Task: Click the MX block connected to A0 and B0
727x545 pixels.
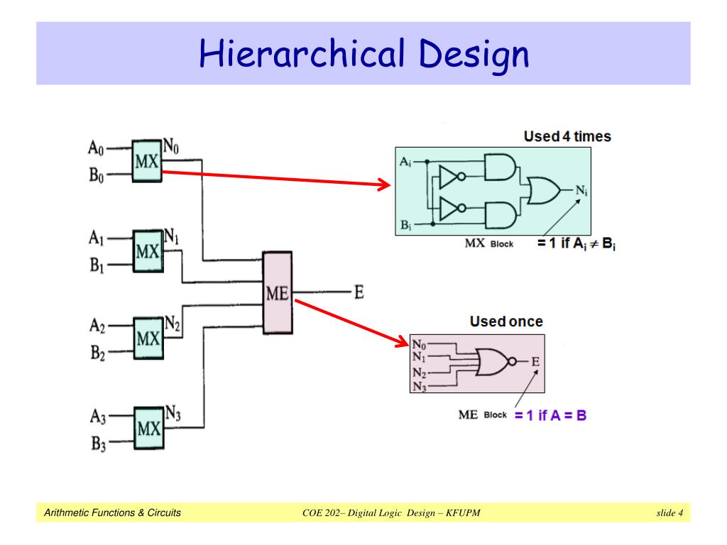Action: click(x=147, y=161)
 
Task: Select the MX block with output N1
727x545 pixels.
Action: click(x=148, y=251)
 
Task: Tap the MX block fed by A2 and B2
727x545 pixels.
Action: click(x=148, y=338)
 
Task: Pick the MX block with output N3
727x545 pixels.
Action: click(x=149, y=428)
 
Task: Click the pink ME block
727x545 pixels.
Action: click(x=278, y=293)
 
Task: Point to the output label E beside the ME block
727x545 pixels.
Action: click(x=359, y=292)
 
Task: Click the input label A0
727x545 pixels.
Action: click(x=96, y=148)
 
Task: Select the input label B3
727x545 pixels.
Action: click(x=98, y=444)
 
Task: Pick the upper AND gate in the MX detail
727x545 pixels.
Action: click(x=500, y=167)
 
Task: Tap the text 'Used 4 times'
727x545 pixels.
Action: click(x=567, y=136)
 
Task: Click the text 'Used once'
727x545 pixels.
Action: click(x=506, y=321)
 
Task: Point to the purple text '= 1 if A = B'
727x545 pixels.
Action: click(x=550, y=415)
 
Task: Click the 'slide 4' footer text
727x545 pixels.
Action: click(x=669, y=512)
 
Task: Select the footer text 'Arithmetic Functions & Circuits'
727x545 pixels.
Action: click(x=112, y=512)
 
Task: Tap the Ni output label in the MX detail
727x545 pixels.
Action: click(x=582, y=190)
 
